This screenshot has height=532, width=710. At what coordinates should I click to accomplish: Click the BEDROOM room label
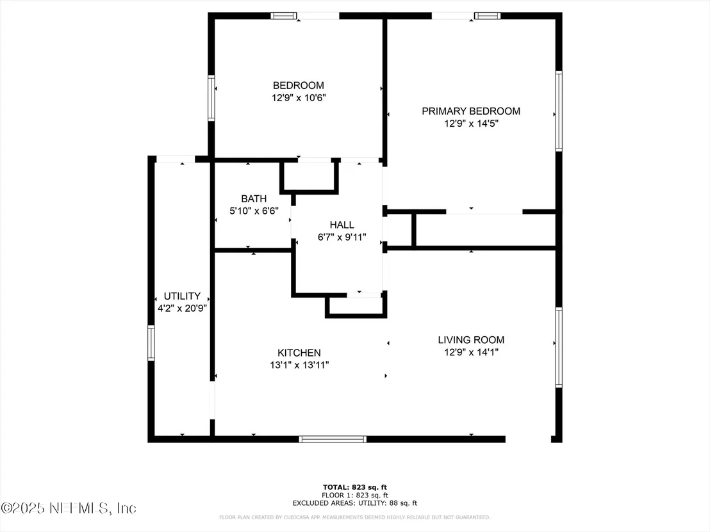[299, 86]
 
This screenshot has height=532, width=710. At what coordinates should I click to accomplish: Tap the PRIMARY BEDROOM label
[471, 111]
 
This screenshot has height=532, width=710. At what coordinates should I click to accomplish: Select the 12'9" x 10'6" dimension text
[299, 98]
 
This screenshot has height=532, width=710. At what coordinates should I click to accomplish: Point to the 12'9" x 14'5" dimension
[472, 124]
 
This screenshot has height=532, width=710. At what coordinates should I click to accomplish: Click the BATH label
[254, 198]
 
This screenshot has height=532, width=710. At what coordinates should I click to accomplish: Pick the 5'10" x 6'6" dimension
[254, 211]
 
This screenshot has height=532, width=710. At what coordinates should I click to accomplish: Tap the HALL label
[342, 225]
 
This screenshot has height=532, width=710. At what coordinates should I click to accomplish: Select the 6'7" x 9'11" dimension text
[342, 237]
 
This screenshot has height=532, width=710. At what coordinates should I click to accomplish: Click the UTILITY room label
[182, 296]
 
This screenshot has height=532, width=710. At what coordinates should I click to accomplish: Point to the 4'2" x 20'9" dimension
[182, 309]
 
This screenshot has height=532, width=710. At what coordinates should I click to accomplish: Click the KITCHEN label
[299, 353]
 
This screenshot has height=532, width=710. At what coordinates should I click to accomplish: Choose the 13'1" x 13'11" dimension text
[299, 365]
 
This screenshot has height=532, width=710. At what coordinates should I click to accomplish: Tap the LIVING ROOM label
[471, 340]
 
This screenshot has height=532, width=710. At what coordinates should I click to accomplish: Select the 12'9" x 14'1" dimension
[472, 352]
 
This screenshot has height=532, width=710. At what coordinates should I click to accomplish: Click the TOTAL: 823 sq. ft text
[355, 487]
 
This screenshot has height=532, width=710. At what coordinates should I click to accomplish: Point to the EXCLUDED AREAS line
[355, 503]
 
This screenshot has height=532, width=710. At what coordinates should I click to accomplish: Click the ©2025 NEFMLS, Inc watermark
[68, 508]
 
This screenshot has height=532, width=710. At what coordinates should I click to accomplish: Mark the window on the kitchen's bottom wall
[333, 439]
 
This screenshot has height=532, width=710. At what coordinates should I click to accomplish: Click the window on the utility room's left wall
[151, 343]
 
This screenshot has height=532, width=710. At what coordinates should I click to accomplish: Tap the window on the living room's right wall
[559, 348]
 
